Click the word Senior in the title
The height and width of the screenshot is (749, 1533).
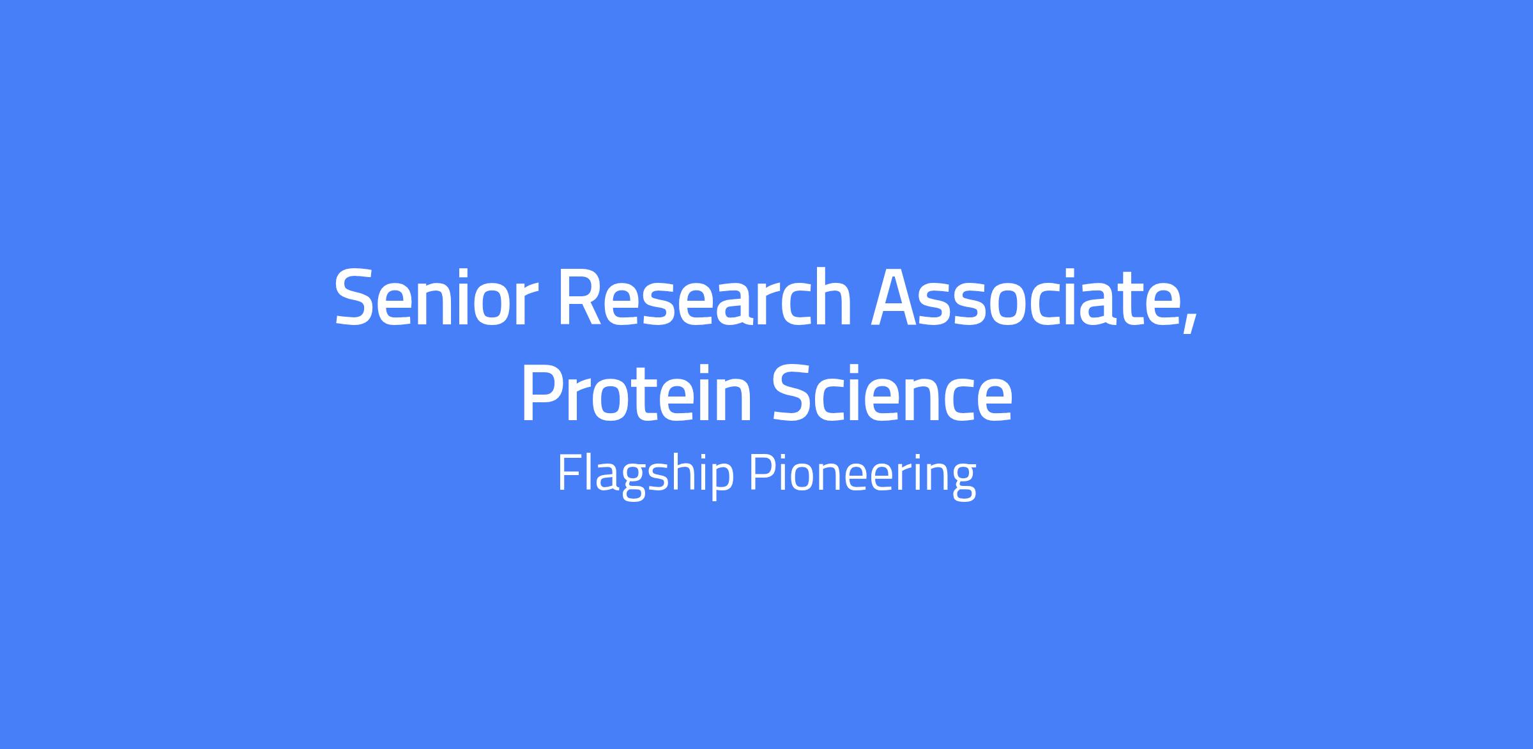coord(431,298)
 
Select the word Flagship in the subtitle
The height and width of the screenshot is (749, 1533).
coord(645,474)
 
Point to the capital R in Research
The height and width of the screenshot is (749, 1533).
coord(581,298)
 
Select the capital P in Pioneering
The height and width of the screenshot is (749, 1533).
coord(762,473)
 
